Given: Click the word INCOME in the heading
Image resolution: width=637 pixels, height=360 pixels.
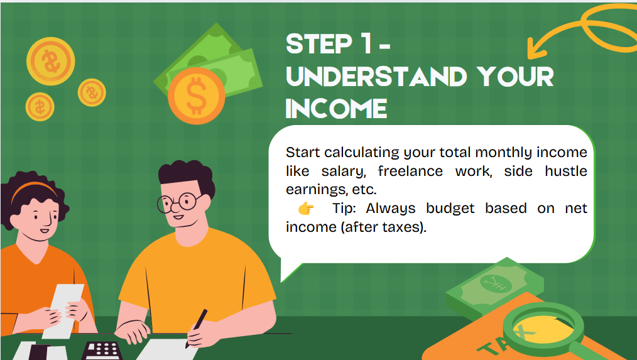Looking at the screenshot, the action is (336, 109).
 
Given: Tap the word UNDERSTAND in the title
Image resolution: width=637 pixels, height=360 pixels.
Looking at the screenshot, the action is (376, 77).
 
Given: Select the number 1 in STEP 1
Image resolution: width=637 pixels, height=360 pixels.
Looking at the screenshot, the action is (366, 43).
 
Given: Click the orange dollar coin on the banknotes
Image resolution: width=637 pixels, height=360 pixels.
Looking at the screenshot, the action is (196, 96).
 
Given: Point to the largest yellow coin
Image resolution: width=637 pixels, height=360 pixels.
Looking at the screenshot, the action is (51, 62).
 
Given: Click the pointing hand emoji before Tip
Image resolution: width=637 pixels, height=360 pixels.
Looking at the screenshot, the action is (306, 209).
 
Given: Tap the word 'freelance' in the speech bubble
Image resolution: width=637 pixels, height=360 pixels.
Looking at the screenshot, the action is (410, 171).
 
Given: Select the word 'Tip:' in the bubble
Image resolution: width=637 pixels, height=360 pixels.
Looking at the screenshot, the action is (344, 209).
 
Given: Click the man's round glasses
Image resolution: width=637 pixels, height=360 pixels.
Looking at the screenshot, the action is (180, 202).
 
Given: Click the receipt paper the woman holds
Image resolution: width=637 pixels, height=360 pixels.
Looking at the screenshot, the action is (63, 311).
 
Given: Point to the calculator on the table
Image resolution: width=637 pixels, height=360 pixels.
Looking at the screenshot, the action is (102, 351).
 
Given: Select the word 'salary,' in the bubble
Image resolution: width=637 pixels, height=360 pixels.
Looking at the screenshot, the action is (344, 172).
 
